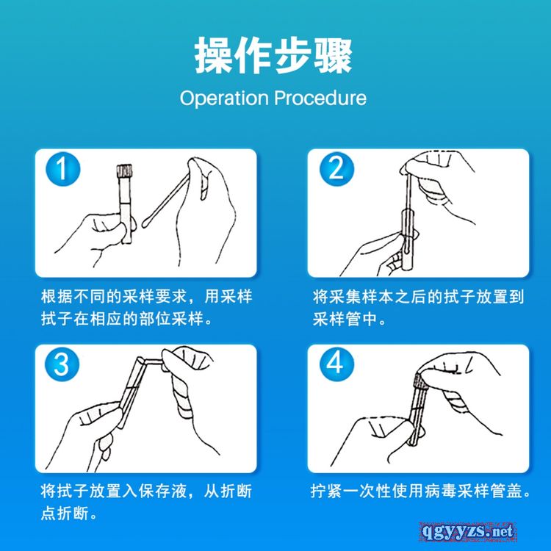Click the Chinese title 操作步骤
point(273,56)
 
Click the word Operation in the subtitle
point(224,98)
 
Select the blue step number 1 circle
point(63,169)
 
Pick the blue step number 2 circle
point(336,169)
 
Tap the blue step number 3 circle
point(62,364)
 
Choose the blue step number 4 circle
point(336,364)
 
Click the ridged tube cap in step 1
point(124,170)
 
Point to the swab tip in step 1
point(145,223)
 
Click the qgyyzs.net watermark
point(468,531)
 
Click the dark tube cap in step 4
point(421,381)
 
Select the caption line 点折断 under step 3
point(68,514)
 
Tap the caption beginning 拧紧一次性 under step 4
point(421,491)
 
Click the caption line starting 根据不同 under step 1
point(147,297)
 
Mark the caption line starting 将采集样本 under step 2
point(419,297)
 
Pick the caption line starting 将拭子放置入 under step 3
point(146,491)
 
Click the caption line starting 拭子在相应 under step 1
point(126,319)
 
